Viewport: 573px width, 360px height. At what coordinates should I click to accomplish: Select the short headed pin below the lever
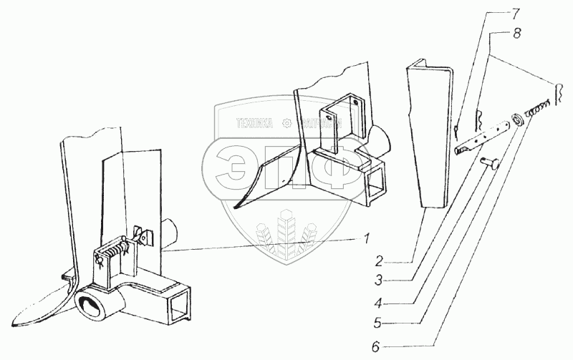[x=488, y=162]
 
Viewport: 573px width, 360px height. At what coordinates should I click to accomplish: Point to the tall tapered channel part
[x=430, y=136]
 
